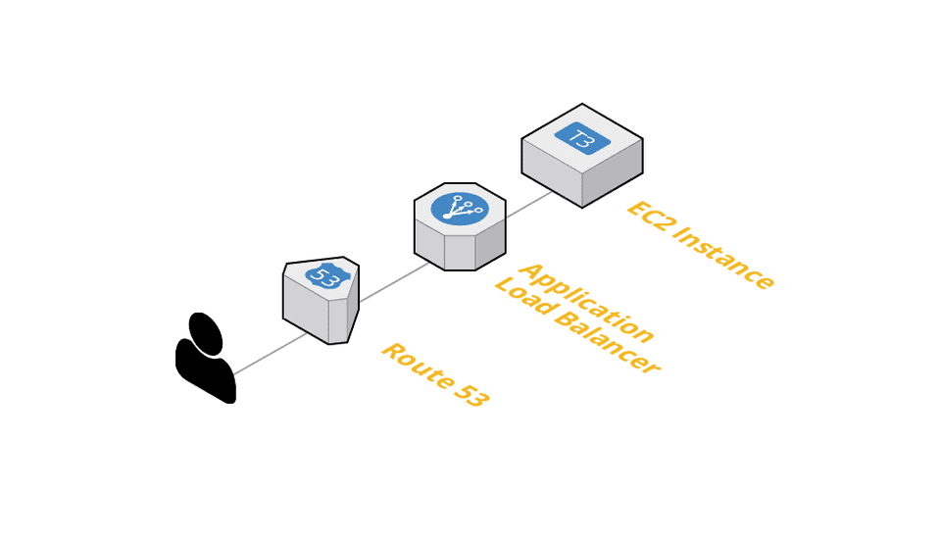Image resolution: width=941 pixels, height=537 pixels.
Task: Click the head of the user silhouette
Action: click(206, 334)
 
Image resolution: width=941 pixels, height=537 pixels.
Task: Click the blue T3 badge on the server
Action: click(582, 138)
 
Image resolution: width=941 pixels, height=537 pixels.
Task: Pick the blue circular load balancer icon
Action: click(460, 209)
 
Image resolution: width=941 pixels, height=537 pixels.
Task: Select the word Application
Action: click(585, 302)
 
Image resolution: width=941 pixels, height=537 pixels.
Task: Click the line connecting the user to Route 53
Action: click(270, 354)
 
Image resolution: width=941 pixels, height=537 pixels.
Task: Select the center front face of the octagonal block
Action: click(460, 252)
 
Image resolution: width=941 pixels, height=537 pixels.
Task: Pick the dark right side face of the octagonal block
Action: click(490, 245)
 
